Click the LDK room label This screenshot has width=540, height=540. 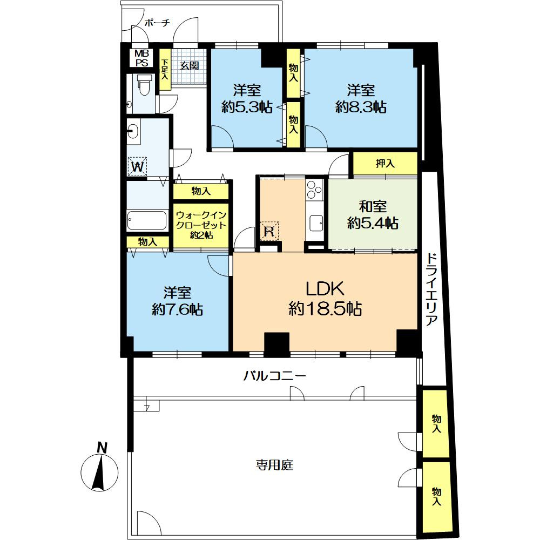[325, 288]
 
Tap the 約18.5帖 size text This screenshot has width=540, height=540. [325, 308]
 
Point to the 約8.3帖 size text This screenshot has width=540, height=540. [361, 107]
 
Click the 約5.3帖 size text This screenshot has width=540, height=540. [247, 107]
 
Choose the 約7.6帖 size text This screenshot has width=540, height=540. [177, 309]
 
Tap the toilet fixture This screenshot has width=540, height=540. [144, 85]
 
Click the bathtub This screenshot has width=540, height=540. [147, 220]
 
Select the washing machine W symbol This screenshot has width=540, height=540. [137, 167]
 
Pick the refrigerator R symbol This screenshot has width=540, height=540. [268, 231]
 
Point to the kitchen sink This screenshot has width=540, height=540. [315, 223]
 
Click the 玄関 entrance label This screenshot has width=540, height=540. [190, 65]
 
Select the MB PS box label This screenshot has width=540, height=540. [141, 58]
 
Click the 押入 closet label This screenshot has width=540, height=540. [385, 164]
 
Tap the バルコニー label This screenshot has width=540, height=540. [274, 375]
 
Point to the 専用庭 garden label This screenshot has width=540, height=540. [274, 465]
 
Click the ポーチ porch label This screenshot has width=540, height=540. [157, 23]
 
